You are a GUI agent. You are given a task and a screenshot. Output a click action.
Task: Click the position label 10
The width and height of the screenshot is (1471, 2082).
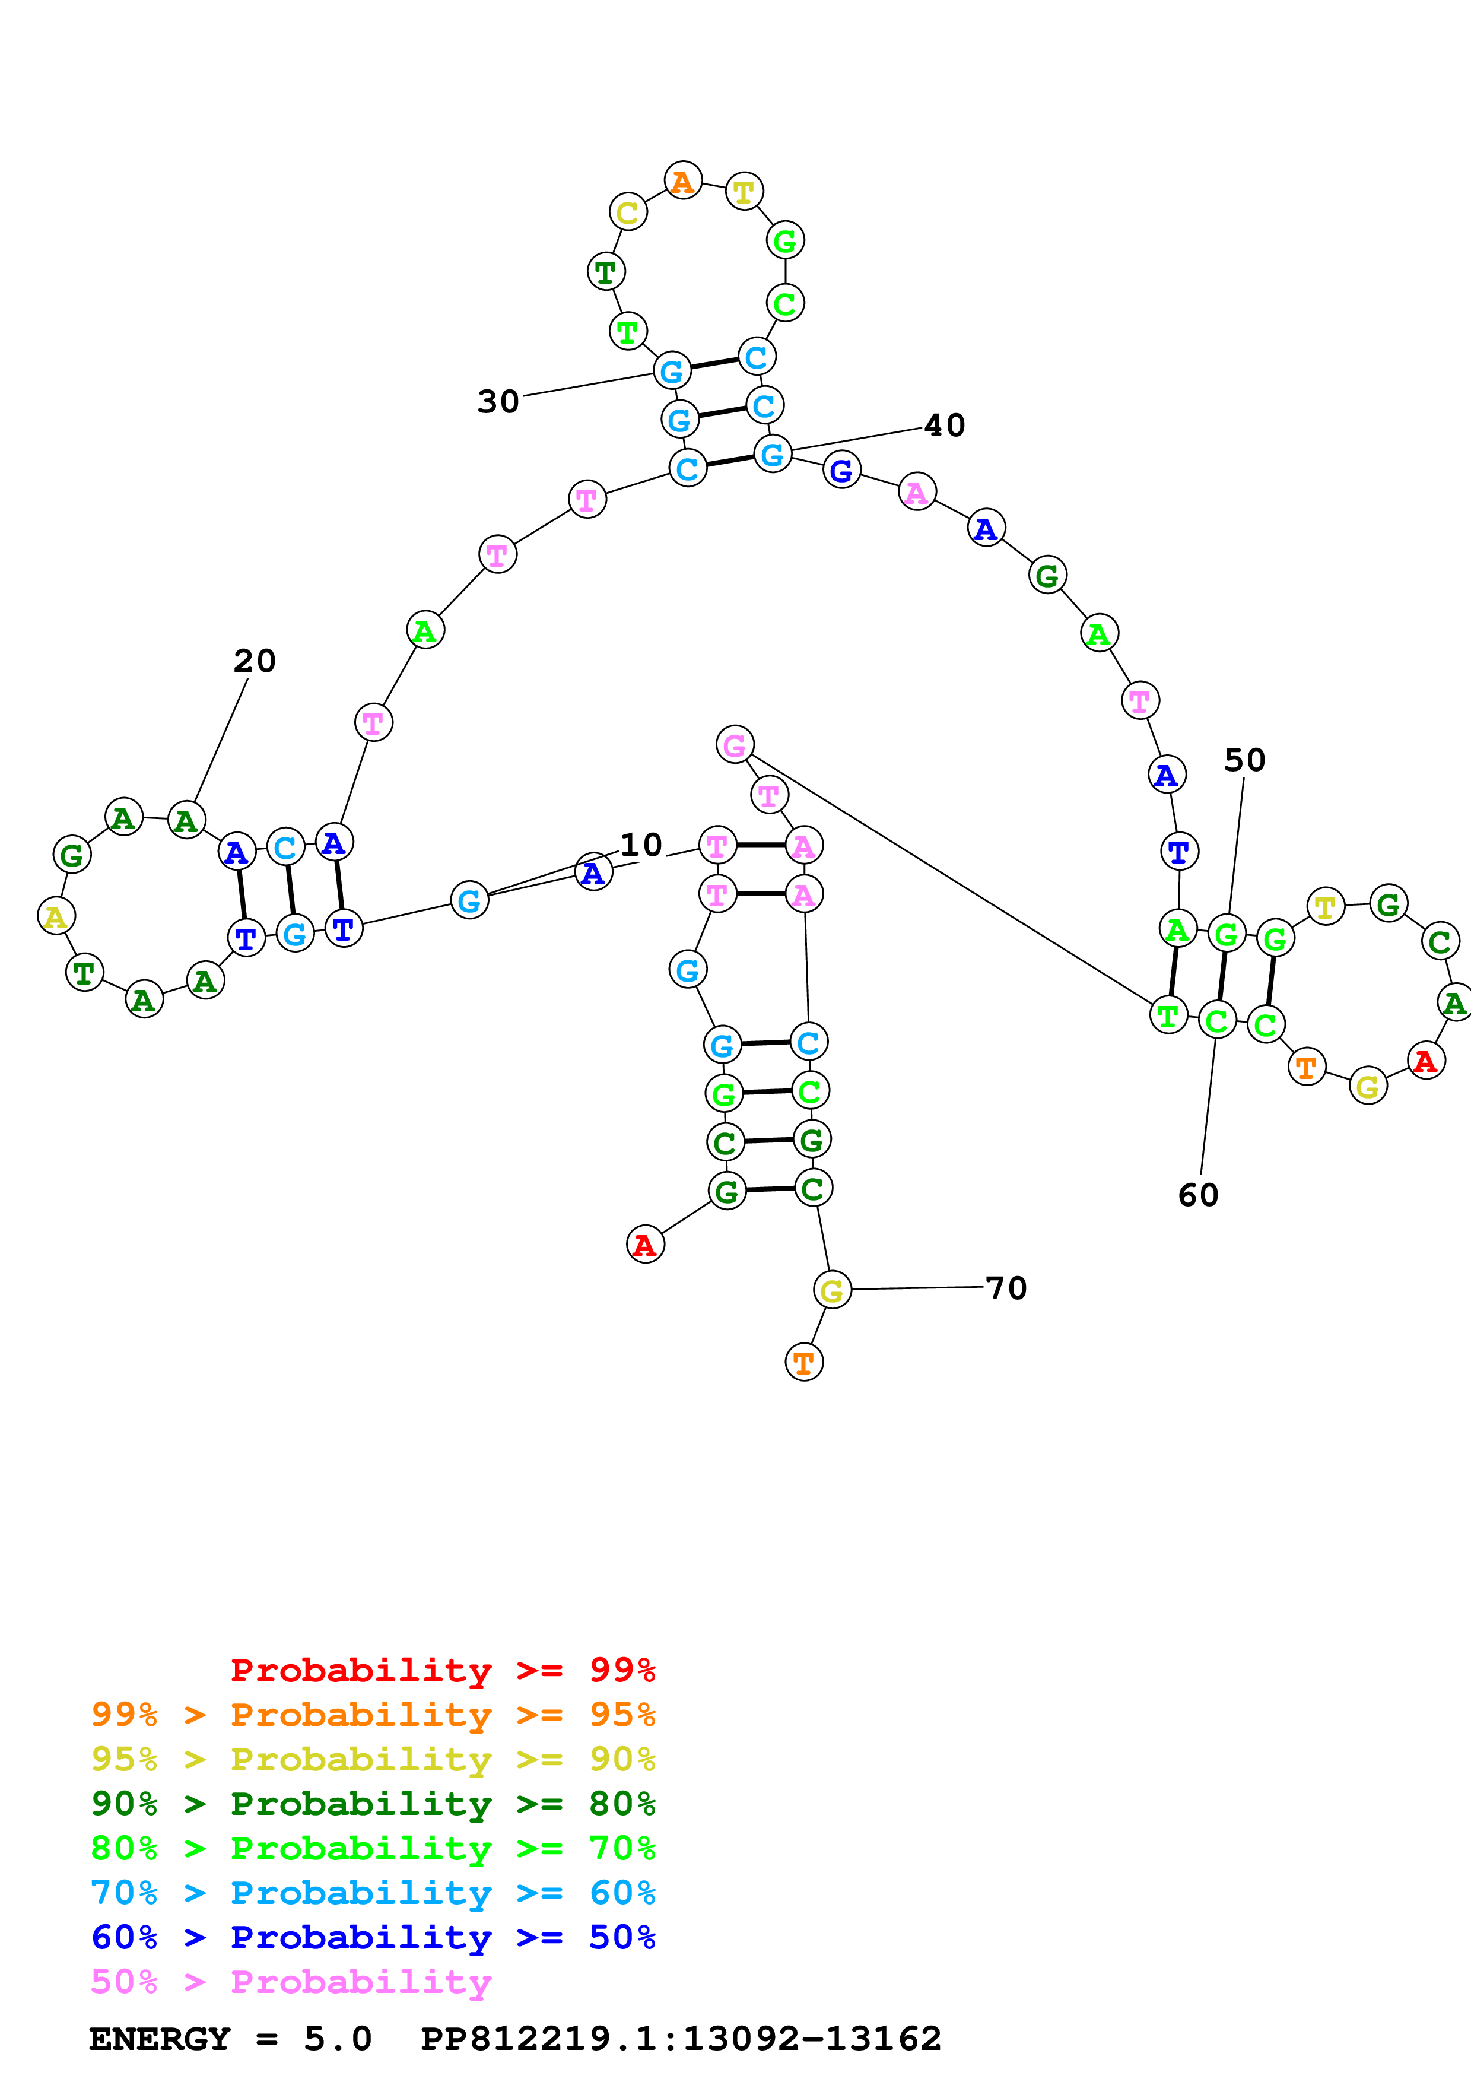(641, 845)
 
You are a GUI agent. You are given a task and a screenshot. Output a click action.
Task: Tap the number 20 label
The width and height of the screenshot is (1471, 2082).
(254, 661)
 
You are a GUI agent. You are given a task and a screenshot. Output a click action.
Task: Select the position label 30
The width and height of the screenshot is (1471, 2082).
(498, 402)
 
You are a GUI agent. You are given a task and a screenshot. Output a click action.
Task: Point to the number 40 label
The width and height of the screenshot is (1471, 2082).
(945, 426)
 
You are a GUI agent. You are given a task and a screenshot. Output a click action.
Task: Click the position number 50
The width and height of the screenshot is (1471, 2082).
(1244, 760)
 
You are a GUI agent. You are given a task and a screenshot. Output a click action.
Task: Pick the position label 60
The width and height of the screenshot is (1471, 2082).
(1197, 1195)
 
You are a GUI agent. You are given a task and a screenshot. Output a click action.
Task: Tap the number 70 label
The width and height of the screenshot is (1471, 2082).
(1006, 1288)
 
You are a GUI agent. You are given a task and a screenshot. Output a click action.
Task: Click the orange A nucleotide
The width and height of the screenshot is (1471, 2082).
(682, 182)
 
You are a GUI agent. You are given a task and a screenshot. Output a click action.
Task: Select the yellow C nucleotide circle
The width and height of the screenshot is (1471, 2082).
(627, 213)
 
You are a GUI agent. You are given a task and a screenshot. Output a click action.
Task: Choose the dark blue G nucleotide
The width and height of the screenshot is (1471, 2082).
(841, 469)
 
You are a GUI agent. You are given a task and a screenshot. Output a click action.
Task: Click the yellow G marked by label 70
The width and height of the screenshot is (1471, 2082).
(831, 1290)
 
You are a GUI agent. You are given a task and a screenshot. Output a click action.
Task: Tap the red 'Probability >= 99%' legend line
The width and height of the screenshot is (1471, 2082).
(442, 1670)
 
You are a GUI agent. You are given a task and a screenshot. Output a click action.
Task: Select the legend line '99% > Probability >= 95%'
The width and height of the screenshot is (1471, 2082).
(373, 1715)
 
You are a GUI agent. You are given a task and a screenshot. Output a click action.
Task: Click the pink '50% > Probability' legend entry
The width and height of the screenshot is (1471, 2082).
(291, 1981)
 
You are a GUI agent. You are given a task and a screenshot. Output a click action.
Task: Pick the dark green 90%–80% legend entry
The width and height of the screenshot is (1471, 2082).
(373, 1804)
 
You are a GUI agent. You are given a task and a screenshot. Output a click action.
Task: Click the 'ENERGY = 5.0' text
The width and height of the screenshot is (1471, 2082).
(230, 2039)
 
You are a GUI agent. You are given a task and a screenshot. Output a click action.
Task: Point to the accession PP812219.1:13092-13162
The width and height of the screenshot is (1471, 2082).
(681, 2039)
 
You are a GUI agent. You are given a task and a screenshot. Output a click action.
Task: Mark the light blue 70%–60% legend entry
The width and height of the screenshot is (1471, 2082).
(373, 1893)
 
